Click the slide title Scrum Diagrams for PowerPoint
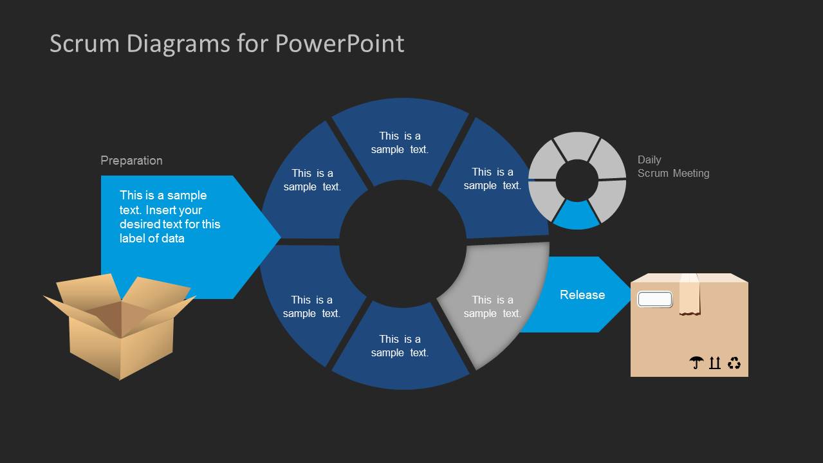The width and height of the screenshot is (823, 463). (227, 44)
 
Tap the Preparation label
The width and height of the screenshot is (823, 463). (131, 161)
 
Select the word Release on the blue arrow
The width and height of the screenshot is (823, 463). (582, 295)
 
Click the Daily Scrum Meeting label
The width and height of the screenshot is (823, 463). (673, 167)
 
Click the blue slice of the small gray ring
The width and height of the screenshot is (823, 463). (577, 215)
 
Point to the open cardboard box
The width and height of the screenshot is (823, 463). (120, 325)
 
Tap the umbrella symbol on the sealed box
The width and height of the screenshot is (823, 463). (696, 363)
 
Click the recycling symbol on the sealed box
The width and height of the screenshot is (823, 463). (734, 363)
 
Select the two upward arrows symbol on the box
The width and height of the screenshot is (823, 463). (715, 363)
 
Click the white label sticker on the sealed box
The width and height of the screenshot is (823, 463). (654, 299)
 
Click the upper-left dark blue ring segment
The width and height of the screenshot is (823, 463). (309, 186)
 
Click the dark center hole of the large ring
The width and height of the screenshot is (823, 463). (402, 243)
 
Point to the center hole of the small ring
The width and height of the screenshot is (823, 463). (577, 181)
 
